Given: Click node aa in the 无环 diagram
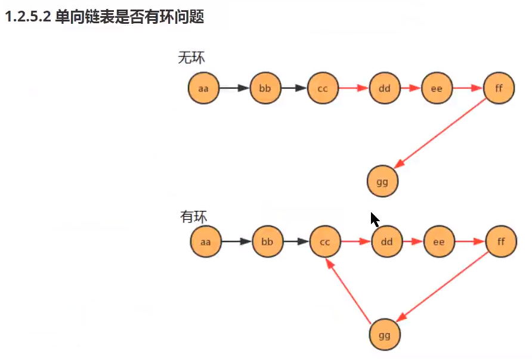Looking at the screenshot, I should coord(203,89).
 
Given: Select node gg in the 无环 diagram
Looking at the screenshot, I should coord(382,182).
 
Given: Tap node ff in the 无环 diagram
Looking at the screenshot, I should coord(499,89).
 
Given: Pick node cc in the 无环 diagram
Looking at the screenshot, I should coord(323,89).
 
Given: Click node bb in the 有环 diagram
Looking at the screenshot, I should coord(267,242).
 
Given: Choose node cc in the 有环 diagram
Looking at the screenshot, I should coord(325,242).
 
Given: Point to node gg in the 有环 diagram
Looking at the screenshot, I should coord(385,335).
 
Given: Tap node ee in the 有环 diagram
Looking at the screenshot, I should coord(438,242).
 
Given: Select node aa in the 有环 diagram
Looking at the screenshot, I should coord(206,242).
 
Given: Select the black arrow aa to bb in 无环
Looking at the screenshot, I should coord(234,89).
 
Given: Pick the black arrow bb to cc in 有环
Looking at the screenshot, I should coord(296,242).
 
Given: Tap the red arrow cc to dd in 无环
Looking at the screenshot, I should coord(353,89).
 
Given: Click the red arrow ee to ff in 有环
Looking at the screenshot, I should coord(469,242).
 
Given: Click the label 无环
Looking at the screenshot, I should coord(191,58).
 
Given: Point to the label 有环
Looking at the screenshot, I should coord(193,216).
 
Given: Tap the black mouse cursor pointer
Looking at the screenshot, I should coord(375,219).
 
